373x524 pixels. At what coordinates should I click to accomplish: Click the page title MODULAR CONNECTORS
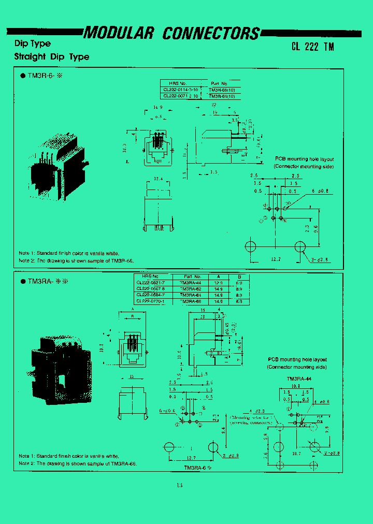pos(171,33)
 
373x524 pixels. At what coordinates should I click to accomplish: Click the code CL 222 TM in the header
pos(312,46)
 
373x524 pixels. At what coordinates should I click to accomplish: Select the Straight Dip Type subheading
pos(51,57)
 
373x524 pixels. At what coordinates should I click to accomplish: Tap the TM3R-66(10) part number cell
pos(222,90)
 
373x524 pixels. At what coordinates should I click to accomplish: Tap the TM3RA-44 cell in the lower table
pos(191,283)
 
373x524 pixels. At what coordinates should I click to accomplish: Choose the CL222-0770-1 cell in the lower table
pos(151,301)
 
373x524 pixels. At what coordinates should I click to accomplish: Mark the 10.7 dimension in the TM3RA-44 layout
pos(296,453)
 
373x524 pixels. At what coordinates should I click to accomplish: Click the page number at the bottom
pos(179,485)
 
